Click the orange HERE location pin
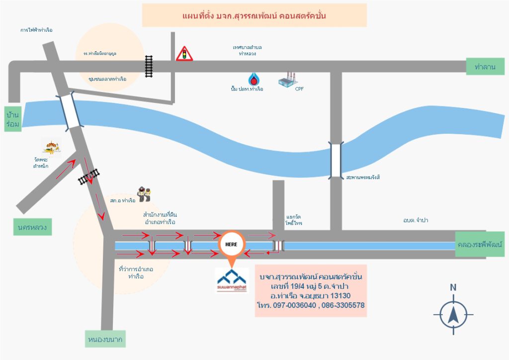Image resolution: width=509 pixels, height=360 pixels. (231, 245)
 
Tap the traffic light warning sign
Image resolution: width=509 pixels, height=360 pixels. (184, 54)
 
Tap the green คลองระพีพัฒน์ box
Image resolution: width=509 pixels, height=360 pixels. (481, 246)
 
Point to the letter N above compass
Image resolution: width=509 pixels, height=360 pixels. (453, 287)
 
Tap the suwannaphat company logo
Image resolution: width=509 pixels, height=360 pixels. (232, 280)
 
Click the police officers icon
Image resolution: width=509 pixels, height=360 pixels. (144, 194)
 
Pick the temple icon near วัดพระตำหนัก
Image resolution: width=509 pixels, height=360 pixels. (52, 146)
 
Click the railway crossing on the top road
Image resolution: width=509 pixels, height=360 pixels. (149, 67)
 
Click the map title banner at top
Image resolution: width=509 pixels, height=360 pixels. (254, 15)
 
